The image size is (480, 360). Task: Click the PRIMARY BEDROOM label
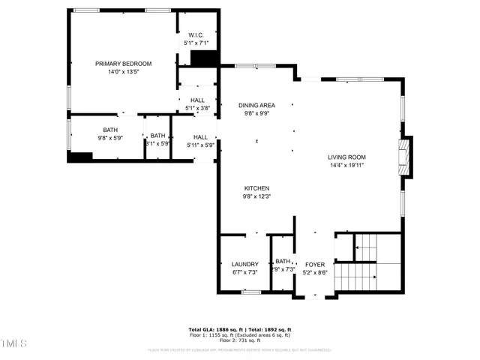[x=123, y=63]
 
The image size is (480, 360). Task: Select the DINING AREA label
[x=256, y=105]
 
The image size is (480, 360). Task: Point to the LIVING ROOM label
[x=346, y=157]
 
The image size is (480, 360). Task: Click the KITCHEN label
[x=256, y=188]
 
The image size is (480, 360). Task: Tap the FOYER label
[x=313, y=264]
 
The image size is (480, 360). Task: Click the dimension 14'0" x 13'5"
[x=123, y=72]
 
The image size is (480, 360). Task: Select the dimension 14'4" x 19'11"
[x=346, y=166]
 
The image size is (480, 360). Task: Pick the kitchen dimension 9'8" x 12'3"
[x=256, y=196]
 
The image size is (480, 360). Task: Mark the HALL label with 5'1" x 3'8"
[x=197, y=100]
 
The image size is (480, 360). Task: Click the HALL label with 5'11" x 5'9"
[x=200, y=136]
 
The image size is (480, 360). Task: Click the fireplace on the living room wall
[x=406, y=157]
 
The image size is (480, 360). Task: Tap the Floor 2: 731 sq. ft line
[x=239, y=341]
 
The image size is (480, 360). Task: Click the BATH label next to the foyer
[x=282, y=261]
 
